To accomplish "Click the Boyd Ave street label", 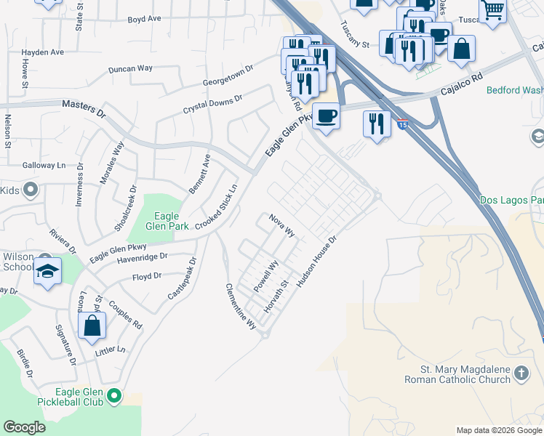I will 144,19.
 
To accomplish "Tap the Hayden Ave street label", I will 43,52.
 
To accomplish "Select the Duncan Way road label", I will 130,68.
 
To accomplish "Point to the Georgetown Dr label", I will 228,75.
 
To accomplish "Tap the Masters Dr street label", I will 84,110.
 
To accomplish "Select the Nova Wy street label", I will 281,225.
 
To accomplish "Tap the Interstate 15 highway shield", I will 402,124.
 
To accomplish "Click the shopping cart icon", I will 493,11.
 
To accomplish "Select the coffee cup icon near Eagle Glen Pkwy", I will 326,116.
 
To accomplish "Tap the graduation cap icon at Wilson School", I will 47,271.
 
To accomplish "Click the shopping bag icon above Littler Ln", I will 92,326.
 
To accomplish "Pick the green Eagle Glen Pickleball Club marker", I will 113,396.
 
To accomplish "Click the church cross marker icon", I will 521,374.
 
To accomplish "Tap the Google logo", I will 25,427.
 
